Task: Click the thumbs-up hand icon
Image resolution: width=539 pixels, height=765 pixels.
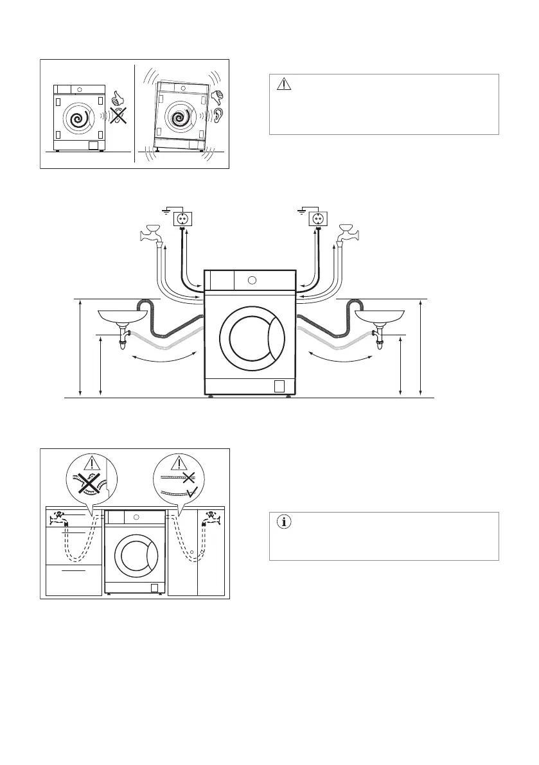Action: click(116, 98)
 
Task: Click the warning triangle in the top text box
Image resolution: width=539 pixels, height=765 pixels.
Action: click(284, 84)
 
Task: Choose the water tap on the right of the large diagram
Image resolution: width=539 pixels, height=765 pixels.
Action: click(349, 233)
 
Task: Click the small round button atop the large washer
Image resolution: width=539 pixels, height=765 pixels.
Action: click(252, 280)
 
